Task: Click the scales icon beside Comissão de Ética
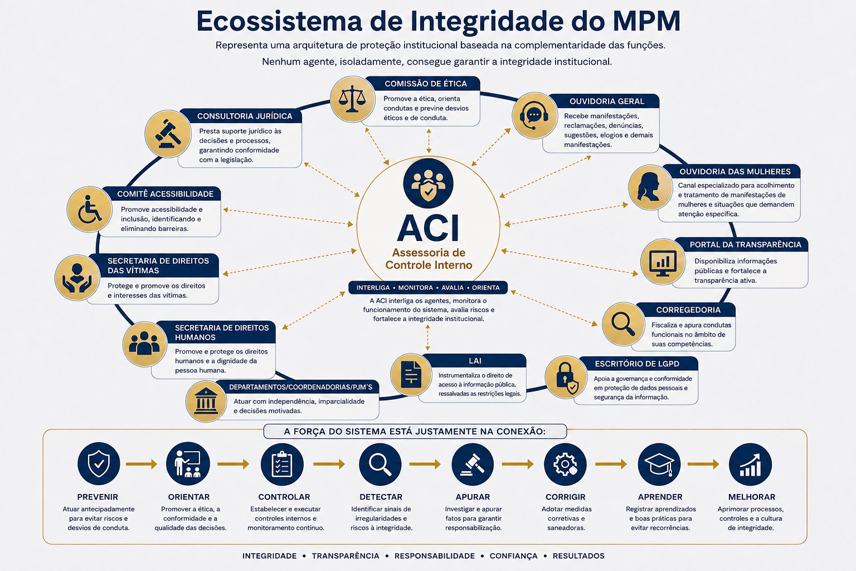point(352,99)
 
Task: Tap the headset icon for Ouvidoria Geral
point(534,115)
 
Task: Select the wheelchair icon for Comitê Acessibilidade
point(89,209)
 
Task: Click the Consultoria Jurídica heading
point(245,117)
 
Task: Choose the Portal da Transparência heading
point(745,245)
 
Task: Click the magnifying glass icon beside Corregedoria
point(624,325)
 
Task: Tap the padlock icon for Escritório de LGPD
point(566,378)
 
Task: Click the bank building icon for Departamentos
point(206,401)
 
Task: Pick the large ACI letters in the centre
point(428,228)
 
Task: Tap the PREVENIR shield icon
point(99,463)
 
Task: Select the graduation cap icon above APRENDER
point(659,464)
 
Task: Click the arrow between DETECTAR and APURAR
point(425,464)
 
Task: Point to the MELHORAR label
point(752,497)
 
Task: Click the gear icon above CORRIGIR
point(565,464)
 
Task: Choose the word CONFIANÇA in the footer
point(514,556)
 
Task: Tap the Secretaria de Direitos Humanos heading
point(222,332)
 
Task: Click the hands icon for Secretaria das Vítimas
point(77,278)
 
